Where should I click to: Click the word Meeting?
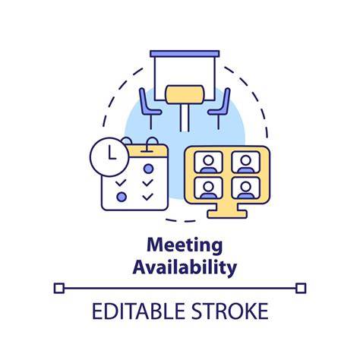click(x=185, y=245)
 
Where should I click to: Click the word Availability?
click(x=185, y=267)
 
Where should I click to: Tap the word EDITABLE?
click(x=138, y=311)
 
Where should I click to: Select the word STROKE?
click(x=229, y=311)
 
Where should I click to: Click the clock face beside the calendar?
click(x=109, y=157)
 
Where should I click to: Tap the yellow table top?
click(x=185, y=94)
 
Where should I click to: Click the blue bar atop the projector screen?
click(x=185, y=54)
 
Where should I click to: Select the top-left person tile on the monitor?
click(x=208, y=163)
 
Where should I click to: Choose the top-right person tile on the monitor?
click(x=245, y=163)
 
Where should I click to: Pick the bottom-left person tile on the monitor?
click(x=208, y=188)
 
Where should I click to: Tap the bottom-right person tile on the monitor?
click(x=245, y=188)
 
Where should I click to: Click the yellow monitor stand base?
click(x=227, y=212)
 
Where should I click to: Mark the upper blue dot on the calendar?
click(x=148, y=169)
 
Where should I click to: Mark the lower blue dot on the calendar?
click(x=122, y=197)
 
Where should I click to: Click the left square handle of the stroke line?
click(x=59, y=289)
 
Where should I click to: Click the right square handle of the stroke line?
click(x=301, y=289)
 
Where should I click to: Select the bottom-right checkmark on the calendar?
click(x=147, y=197)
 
